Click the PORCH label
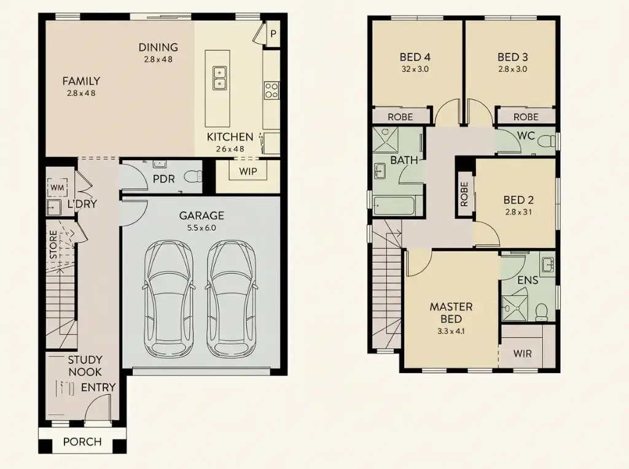(82, 442)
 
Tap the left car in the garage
(168, 299)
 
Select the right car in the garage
(231, 299)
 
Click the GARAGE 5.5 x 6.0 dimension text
(201, 228)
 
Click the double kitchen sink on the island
(219, 78)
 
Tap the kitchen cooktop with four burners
(271, 90)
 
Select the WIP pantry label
(248, 171)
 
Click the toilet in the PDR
(193, 177)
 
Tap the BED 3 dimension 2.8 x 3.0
(512, 69)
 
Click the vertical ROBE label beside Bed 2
(464, 193)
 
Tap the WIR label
(522, 354)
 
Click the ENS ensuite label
(528, 281)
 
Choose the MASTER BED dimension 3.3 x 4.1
(450, 332)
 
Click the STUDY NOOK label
(85, 366)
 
